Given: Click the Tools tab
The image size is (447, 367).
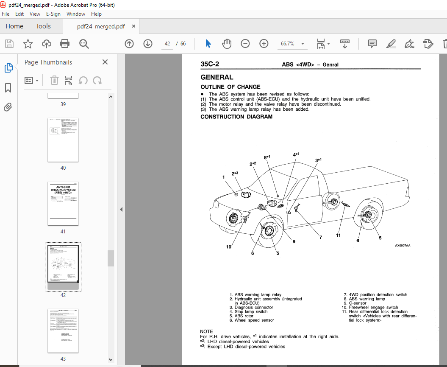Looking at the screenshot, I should click(43, 26).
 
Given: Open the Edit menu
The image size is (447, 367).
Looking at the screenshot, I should click(19, 14).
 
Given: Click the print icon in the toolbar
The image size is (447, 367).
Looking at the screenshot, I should click(65, 44).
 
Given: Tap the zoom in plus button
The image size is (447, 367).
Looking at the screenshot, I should click(264, 44).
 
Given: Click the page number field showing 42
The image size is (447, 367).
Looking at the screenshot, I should click(167, 44).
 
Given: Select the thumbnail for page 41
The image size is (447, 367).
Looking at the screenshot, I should click(63, 203).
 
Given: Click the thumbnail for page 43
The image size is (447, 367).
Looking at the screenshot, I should click(63, 331).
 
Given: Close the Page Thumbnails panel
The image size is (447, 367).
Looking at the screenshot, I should click(105, 62).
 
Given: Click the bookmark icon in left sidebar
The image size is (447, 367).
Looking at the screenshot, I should click(8, 88).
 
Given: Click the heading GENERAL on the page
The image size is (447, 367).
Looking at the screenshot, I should click(217, 77).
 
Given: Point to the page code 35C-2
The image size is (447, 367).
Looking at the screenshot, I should click(210, 65).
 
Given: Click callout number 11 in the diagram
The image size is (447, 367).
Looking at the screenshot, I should click(339, 235).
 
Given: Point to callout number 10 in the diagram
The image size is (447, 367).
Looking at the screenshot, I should click(229, 247).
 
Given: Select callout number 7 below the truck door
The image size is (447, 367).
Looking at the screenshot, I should click(320, 238).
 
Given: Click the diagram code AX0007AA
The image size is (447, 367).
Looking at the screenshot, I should click(403, 246).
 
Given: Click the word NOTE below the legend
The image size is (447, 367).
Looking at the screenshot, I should click(206, 331).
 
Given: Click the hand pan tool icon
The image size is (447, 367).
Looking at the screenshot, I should click(227, 44).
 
